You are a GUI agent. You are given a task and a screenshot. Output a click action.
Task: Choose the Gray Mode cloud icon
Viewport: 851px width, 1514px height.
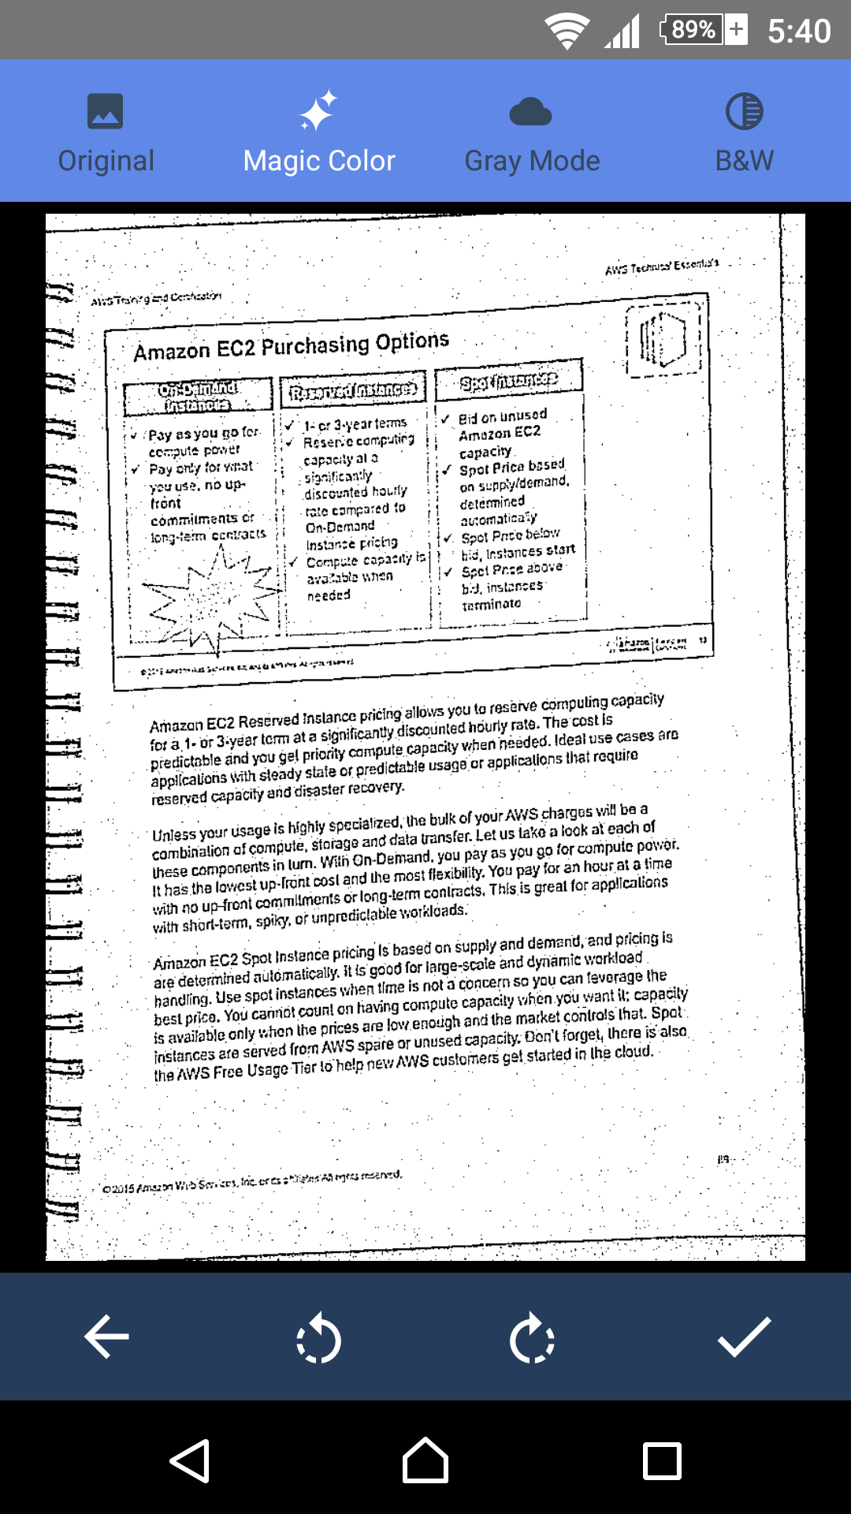point(531,113)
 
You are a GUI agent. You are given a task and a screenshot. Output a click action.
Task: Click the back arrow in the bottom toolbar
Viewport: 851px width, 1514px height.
point(106,1337)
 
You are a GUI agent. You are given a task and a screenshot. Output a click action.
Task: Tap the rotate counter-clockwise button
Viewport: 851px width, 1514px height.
point(318,1337)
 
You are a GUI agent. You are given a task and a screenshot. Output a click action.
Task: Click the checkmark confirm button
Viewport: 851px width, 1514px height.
point(744,1337)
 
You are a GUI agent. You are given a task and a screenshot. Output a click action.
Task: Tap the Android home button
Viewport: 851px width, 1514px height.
point(425,1460)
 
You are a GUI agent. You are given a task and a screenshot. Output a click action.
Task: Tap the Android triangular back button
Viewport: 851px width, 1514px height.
point(190,1460)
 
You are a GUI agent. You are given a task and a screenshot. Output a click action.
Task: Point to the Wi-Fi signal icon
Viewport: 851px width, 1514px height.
point(567,32)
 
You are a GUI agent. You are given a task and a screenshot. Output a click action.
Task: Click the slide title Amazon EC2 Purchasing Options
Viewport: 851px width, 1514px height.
point(291,346)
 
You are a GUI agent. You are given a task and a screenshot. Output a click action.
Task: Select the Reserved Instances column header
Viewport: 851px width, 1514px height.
point(352,389)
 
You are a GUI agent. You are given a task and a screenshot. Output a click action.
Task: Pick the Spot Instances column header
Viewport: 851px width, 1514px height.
point(509,380)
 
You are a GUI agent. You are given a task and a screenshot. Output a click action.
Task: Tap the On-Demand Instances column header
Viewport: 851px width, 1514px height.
point(198,397)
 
